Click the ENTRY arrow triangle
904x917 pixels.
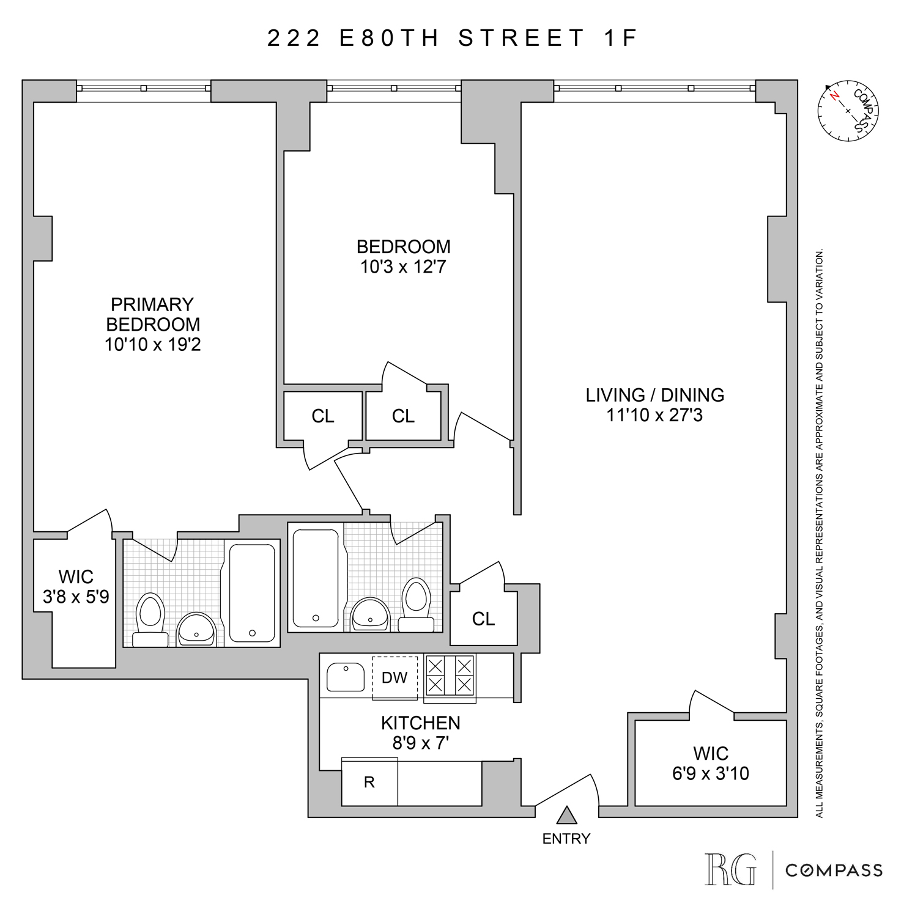point(567,816)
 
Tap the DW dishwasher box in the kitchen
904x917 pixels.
point(395,677)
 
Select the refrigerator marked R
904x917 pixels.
point(369,783)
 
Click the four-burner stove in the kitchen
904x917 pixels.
point(450,675)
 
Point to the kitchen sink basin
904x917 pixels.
point(346,677)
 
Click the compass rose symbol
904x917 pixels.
point(848,111)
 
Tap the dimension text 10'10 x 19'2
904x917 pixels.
point(152,345)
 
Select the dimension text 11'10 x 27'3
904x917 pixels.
point(654,416)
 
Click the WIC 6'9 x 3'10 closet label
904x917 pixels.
point(711,764)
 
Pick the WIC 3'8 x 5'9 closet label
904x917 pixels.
point(76,587)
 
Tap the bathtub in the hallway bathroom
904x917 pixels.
point(316,578)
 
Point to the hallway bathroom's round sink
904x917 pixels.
point(370,614)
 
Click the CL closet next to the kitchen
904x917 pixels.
point(483,619)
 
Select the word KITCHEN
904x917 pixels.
point(421,723)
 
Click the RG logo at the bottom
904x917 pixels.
point(730,869)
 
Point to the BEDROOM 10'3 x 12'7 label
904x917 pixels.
point(403,257)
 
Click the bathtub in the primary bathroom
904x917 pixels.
point(252,592)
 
